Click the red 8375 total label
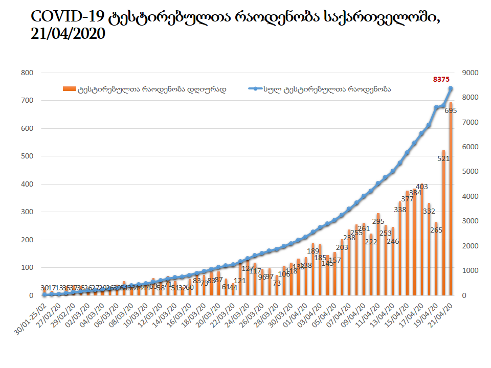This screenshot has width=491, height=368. click(x=441, y=79)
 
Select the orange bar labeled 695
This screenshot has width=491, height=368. click(x=451, y=204)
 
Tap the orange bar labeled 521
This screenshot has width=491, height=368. click(x=444, y=225)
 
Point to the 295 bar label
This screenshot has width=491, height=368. click(x=378, y=221)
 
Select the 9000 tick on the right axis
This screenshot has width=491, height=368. click(x=469, y=73)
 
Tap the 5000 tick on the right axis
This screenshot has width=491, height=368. click(x=469, y=172)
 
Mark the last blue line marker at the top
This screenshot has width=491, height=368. click(x=451, y=88)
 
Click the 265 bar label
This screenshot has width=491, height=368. click(x=436, y=230)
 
